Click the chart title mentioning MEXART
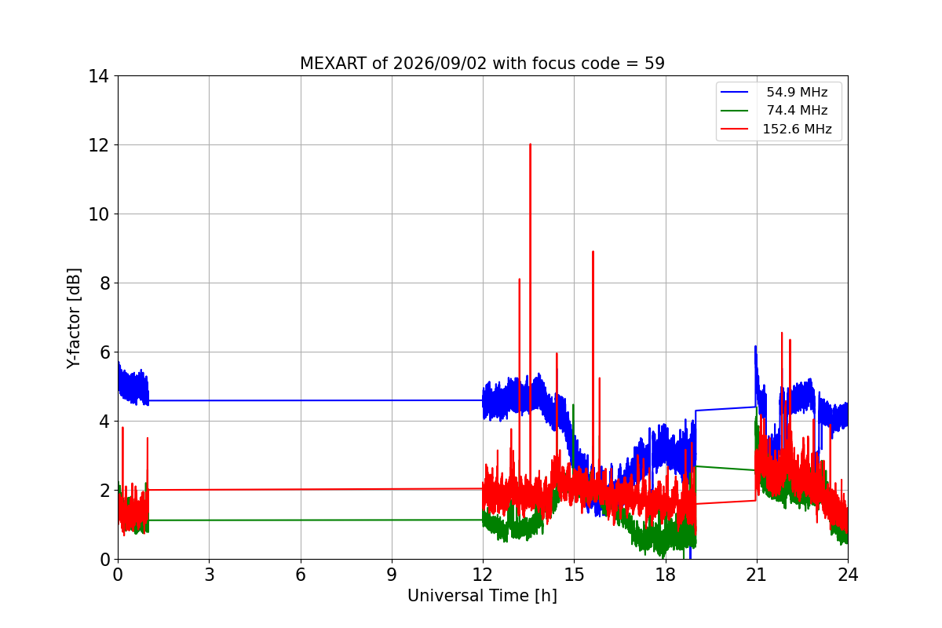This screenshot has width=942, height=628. (x=482, y=64)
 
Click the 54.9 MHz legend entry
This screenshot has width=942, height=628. (x=774, y=92)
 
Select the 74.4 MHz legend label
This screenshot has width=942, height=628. (x=797, y=110)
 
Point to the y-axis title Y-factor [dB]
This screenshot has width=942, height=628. (x=73, y=319)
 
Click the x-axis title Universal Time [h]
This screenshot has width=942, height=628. (x=482, y=596)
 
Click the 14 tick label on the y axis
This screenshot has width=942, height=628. (x=98, y=77)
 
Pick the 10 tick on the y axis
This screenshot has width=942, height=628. (x=98, y=214)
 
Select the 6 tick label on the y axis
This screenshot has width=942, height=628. (x=104, y=352)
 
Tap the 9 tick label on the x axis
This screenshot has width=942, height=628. (x=392, y=575)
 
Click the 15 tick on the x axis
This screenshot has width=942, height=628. (x=574, y=575)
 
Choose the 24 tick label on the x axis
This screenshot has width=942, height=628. (x=847, y=575)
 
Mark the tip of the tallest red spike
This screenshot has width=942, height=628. (x=531, y=144)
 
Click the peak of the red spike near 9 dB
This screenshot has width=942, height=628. (x=593, y=251)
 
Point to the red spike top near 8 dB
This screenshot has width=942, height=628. (x=520, y=279)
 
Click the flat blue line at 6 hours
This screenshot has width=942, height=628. (x=301, y=400)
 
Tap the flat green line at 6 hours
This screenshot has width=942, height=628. (x=301, y=520)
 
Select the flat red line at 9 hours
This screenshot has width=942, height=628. (x=392, y=489)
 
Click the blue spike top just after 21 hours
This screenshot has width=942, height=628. (x=755, y=347)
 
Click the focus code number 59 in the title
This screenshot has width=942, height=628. (x=655, y=64)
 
